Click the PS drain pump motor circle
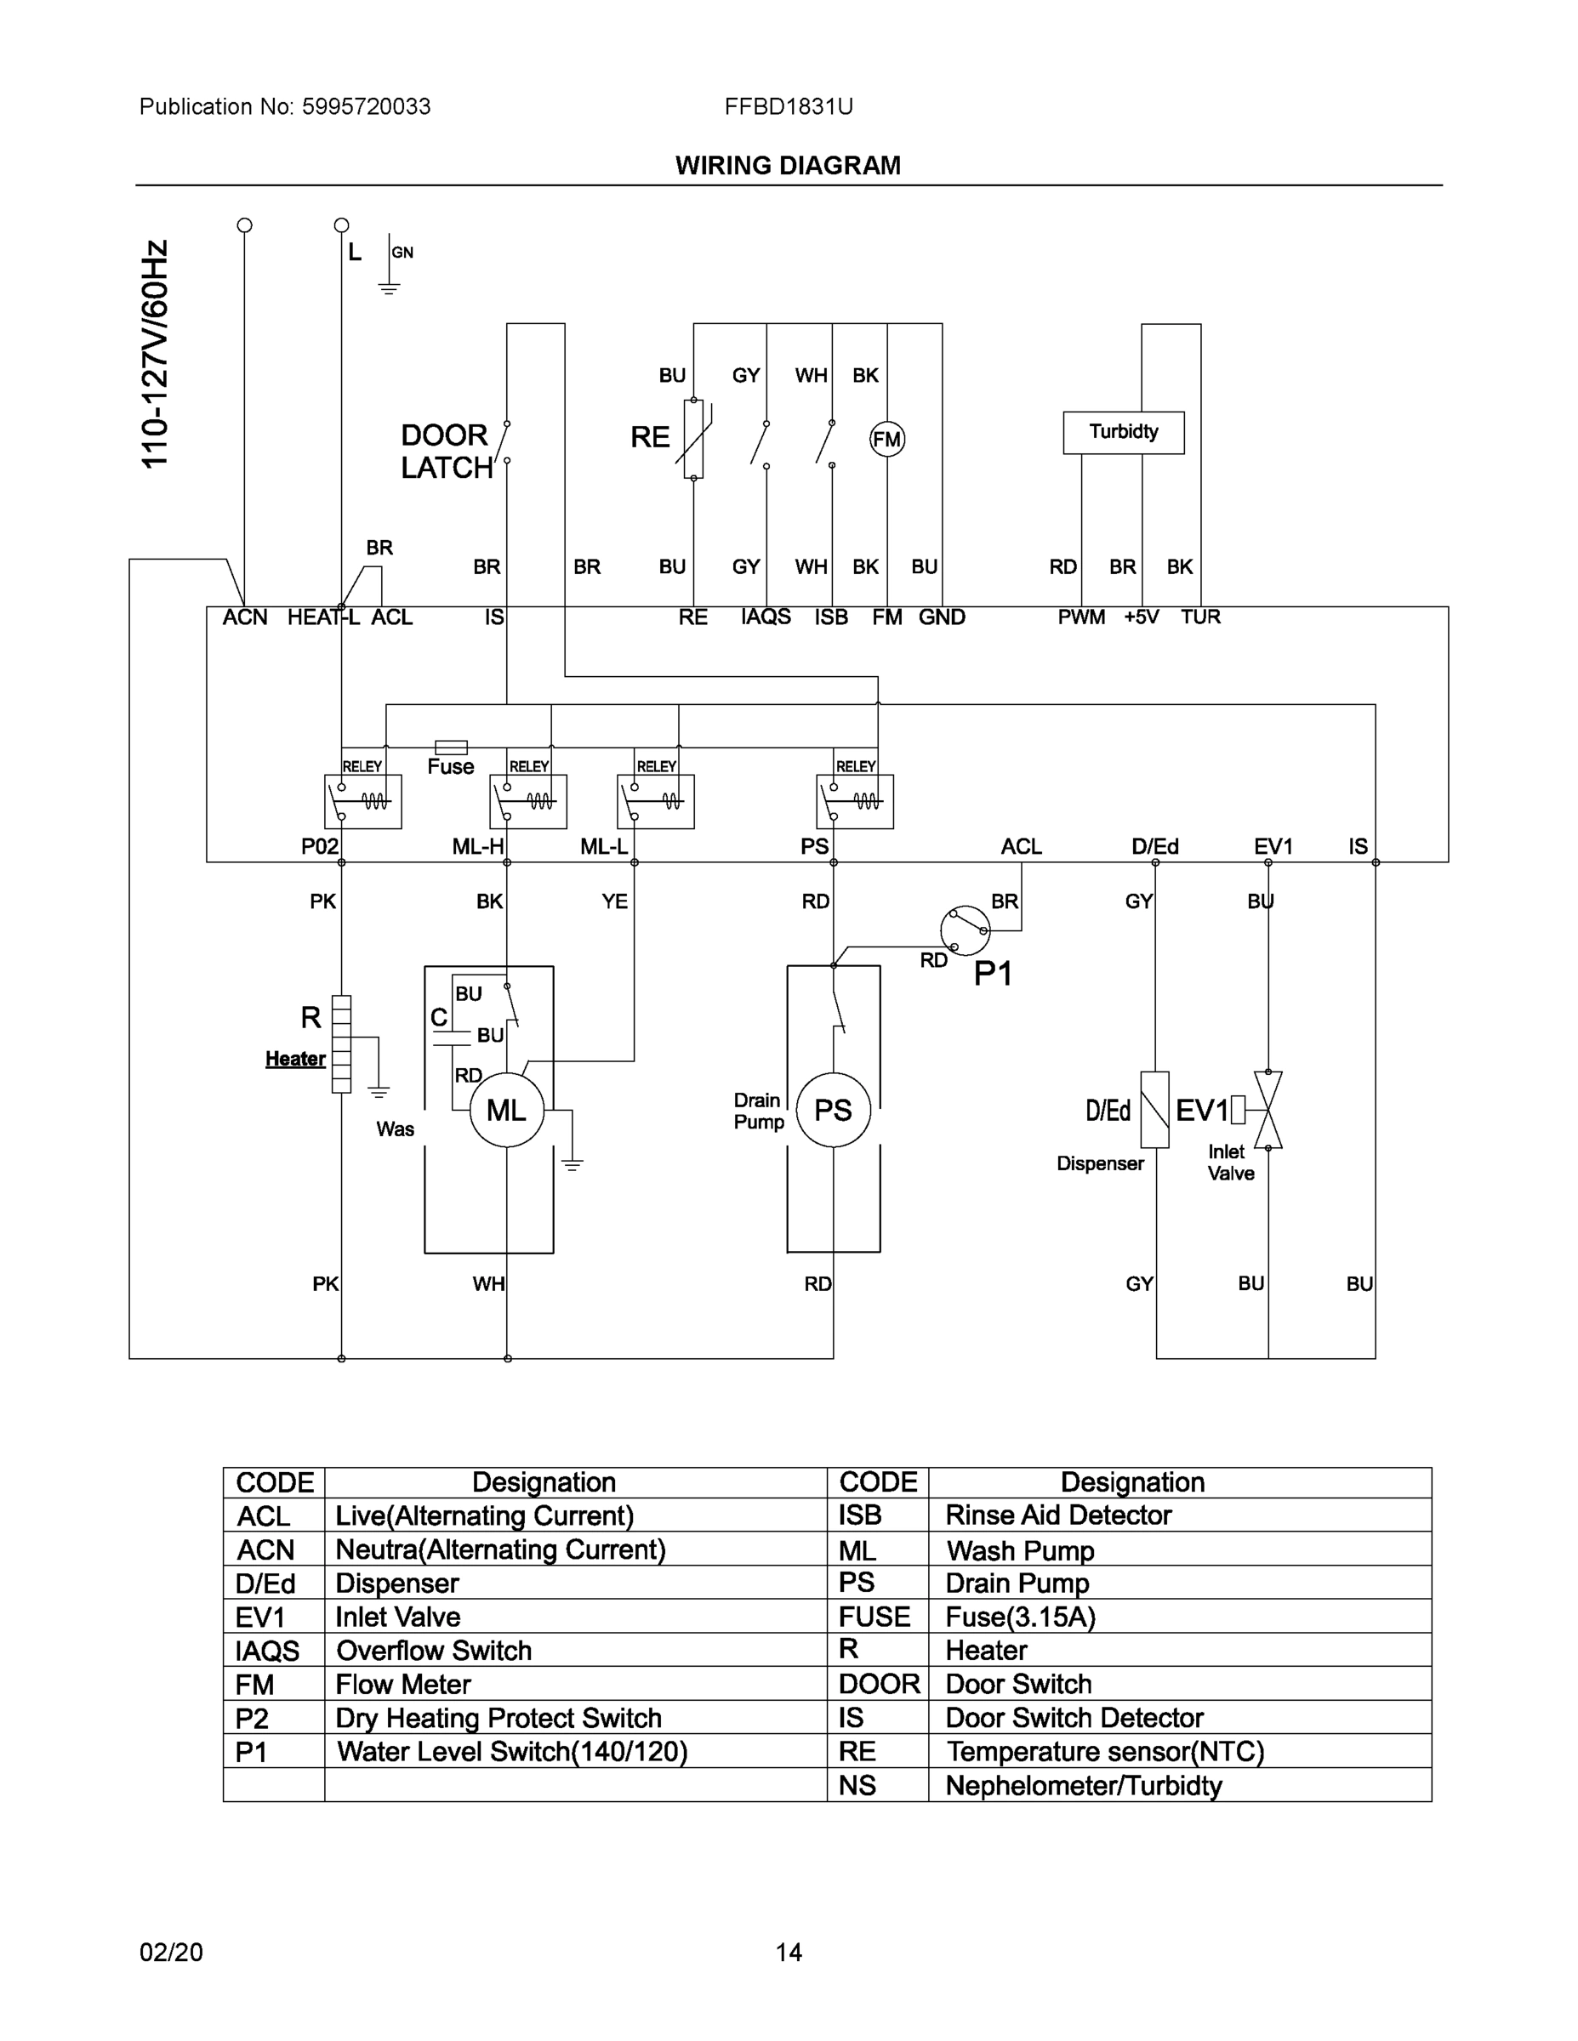tap(833, 1110)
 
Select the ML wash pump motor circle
tap(507, 1110)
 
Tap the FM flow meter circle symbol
tap(887, 439)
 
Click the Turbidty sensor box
tap(1123, 433)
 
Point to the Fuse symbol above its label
tap(452, 747)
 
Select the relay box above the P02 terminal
tap(362, 801)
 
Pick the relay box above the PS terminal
tap(854, 801)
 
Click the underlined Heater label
tap(295, 1059)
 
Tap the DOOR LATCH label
tap(446, 452)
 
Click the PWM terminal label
tap(1080, 617)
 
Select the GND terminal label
tap(942, 617)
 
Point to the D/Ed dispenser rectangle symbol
tap(1154, 1110)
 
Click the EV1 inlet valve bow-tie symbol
tap(1268, 1110)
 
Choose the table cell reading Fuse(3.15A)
tap(1020, 1617)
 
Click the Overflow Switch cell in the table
tap(434, 1651)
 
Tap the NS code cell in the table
tap(857, 1785)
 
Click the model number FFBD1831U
tap(788, 106)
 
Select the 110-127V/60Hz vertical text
tap(155, 355)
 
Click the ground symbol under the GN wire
tap(389, 287)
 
